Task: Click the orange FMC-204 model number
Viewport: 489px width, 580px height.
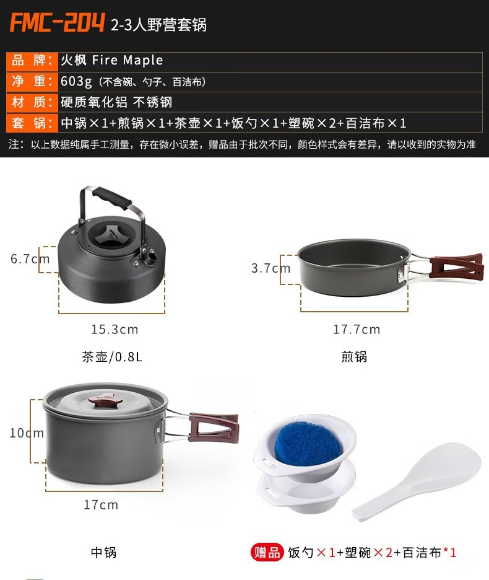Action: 58,23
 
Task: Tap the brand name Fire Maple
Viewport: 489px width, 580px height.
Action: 128,60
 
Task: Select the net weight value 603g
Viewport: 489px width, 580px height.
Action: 76,81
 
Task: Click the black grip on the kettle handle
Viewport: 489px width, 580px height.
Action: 112,198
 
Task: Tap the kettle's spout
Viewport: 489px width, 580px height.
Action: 150,257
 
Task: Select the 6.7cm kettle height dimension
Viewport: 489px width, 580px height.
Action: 30,258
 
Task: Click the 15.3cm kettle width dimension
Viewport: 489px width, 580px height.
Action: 115,329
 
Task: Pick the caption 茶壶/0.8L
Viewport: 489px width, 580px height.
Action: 112,356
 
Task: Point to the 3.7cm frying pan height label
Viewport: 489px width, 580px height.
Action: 271,268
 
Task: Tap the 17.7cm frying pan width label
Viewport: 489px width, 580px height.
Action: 357,329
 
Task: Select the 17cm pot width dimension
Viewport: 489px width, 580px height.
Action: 101,504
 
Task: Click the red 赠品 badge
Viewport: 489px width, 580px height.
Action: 267,553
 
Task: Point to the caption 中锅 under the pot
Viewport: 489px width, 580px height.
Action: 104,552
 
